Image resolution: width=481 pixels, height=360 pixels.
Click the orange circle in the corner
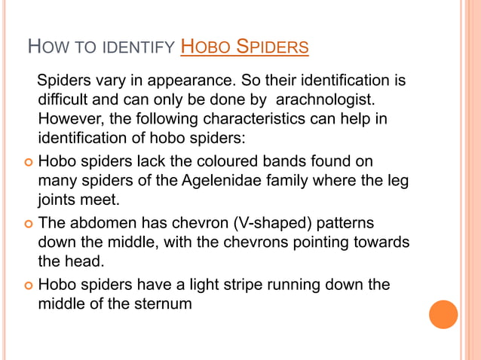443,314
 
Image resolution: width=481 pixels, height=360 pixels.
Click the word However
70,120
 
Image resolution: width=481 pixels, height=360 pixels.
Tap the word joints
58,201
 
